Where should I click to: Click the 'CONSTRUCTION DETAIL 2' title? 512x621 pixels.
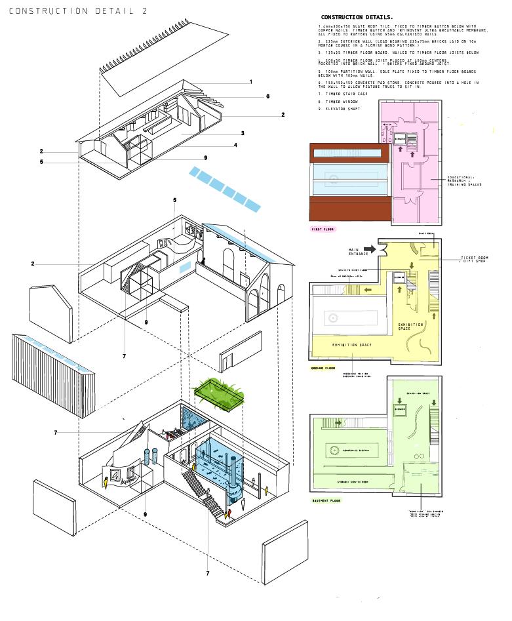pos(78,11)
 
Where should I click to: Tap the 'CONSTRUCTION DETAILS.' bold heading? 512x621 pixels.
pos(357,16)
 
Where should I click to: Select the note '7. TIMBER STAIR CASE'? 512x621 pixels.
pos(343,94)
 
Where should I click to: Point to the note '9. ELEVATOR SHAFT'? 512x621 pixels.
pos(340,110)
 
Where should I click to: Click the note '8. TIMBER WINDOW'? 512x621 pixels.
pos(338,102)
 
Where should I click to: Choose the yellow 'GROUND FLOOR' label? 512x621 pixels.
pos(323,368)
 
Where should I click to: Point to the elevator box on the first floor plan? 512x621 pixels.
pos(399,138)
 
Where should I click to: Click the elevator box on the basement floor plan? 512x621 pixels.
pos(399,407)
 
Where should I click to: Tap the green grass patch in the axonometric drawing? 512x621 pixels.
pos(220,391)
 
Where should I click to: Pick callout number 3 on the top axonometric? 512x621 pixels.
pos(243,133)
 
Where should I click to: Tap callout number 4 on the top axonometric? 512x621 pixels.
pos(235,145)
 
